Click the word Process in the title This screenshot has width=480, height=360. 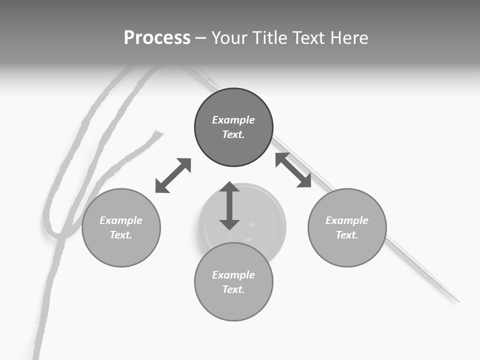pos(157,38)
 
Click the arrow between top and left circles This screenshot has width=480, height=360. pos(173,175)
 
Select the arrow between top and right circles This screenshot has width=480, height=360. pos(293,170)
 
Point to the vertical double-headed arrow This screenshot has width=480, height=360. pos(229,206)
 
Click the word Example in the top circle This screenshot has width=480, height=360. pos(233,120)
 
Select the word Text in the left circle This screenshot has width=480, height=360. pos(120,235)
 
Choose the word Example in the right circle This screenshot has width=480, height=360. pos(347,220)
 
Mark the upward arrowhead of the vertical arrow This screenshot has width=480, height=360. pos(229,187)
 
